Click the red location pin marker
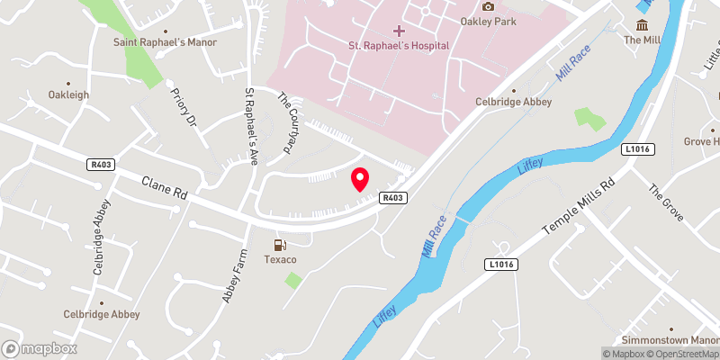pos(360,179)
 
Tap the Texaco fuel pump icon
pos(281,245)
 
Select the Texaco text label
pos(281,260)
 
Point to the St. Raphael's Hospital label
pos(399,46)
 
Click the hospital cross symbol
pos(400,31)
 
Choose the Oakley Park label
pos(488,22)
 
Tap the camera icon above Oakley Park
pos(488,7)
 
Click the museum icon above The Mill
pos(643,25)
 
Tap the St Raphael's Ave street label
pos(251,125)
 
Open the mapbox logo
pos(40,348)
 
